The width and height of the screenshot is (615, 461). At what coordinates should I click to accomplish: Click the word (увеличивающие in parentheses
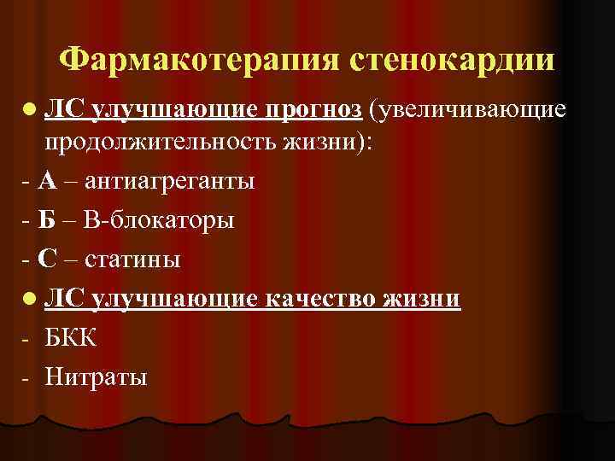466,109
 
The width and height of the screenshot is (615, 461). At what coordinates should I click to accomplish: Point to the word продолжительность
162,143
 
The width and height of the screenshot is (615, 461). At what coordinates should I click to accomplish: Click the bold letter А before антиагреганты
47,181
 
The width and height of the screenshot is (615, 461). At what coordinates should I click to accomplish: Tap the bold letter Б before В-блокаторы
47,220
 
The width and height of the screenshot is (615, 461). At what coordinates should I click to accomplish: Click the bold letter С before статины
47,259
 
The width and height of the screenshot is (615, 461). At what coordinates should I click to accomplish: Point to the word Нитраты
97,375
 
